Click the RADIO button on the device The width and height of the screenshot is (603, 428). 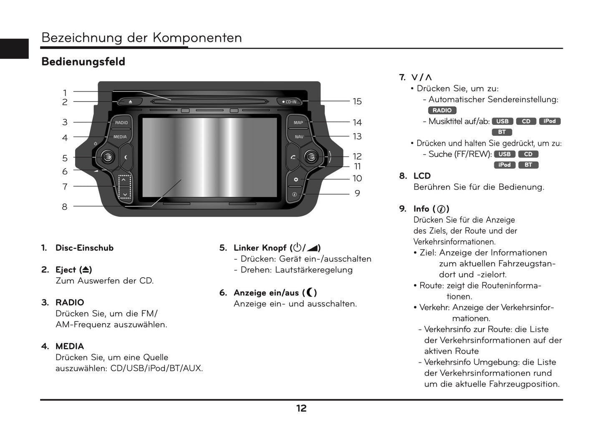pos(121,122)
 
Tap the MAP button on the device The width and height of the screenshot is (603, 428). pos(298,122)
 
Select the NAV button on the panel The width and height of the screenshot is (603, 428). pos(299,137)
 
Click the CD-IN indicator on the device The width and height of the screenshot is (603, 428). pos(289,101)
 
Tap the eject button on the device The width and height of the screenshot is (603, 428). pos(129,101)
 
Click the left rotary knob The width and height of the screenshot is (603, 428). pos(108,157)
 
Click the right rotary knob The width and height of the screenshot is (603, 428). pos(310,157)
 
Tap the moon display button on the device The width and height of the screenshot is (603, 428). pos(126,157)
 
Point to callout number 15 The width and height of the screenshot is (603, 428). pos(357,101)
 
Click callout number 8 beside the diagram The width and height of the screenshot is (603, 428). pos(64,207)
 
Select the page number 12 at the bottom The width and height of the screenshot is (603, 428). pos(301,408)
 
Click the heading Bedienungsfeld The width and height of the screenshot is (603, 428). pos(83,62)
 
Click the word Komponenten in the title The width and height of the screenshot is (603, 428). pos(197,38)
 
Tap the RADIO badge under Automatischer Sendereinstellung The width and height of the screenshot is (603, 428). pos(442,110)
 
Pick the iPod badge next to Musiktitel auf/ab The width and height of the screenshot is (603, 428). pos(549,121)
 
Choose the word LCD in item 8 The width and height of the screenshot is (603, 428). pos(422,176)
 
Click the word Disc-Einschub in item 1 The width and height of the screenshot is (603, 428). pos(84,248)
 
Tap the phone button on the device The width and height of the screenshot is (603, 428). pos(293,157)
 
